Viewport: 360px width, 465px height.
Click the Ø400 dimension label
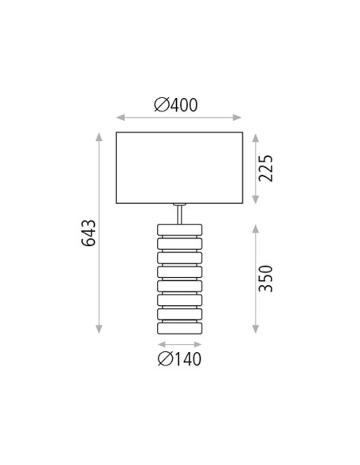point(176,104)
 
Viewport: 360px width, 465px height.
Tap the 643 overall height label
point(88,233)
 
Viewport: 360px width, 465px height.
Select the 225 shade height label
point(265,168)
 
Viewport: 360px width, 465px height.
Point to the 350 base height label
point(265,279)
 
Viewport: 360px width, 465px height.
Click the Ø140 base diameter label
point(179,359)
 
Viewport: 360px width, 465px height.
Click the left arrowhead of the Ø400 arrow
point(120,118)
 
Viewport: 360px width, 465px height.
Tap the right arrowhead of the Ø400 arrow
point(237,118)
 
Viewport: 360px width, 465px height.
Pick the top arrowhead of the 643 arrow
point(99,137)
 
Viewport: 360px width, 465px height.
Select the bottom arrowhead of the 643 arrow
point(99,329)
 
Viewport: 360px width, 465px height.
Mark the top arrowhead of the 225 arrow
point(256,138)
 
